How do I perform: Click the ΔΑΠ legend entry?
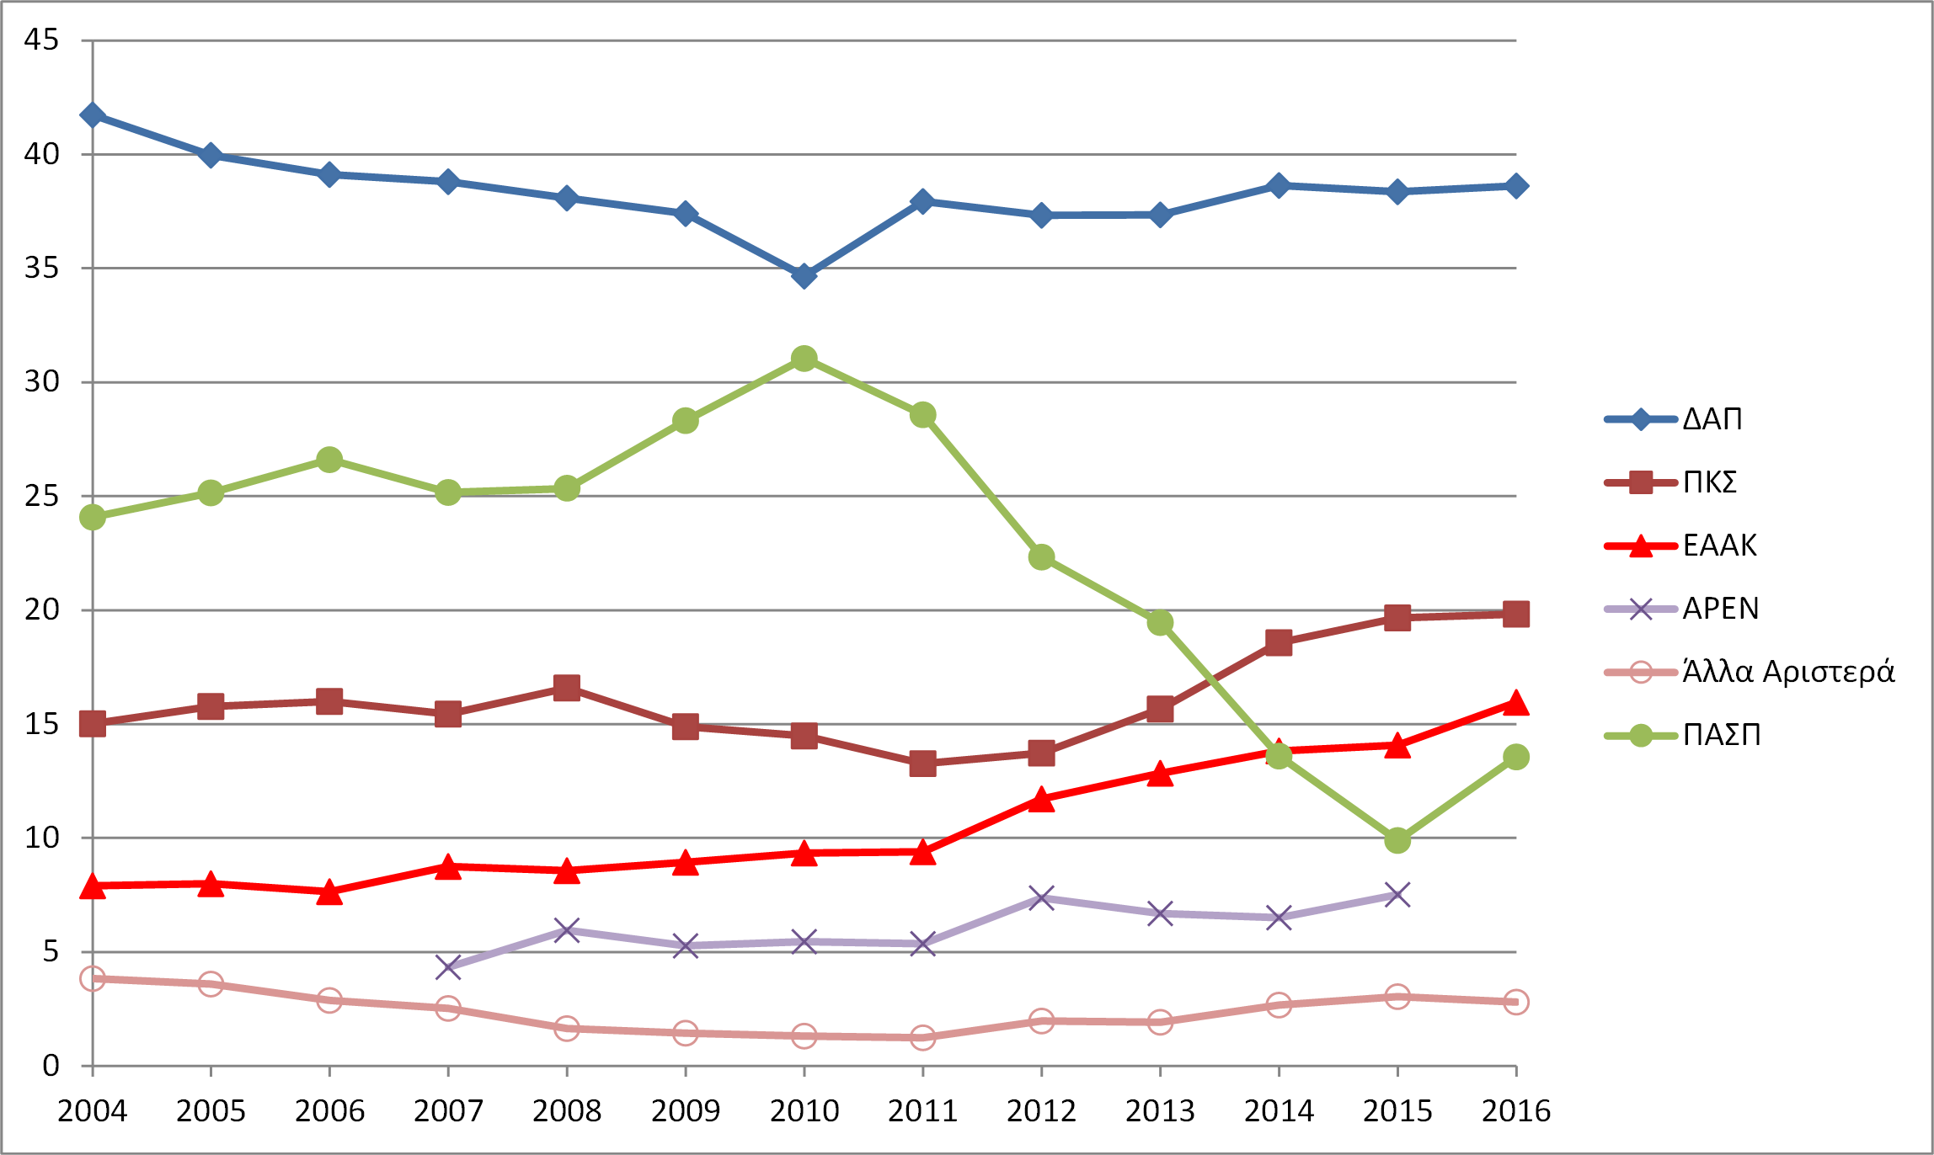1712,418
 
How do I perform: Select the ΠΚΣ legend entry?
1709,482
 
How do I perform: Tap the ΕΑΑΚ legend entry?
1719,546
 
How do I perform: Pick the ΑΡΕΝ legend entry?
1720,609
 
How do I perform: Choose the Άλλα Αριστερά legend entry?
1787,672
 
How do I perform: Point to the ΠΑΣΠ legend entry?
1721,735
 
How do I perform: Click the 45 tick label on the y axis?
41,40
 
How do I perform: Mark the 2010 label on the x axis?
804,1111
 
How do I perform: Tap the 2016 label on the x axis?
1516,1111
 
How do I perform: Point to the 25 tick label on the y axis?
41,496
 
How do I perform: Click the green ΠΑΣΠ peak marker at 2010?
804,359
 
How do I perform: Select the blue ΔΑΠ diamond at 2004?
93,115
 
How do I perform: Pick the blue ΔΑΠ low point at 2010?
804,276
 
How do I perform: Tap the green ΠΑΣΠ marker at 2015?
1397,840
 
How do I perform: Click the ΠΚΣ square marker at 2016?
1516,615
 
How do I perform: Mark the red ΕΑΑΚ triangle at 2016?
1516,703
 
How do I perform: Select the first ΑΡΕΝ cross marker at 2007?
448,967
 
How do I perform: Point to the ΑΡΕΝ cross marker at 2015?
1397,895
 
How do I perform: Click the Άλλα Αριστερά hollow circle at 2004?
93,978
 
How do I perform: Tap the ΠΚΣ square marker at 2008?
567,688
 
